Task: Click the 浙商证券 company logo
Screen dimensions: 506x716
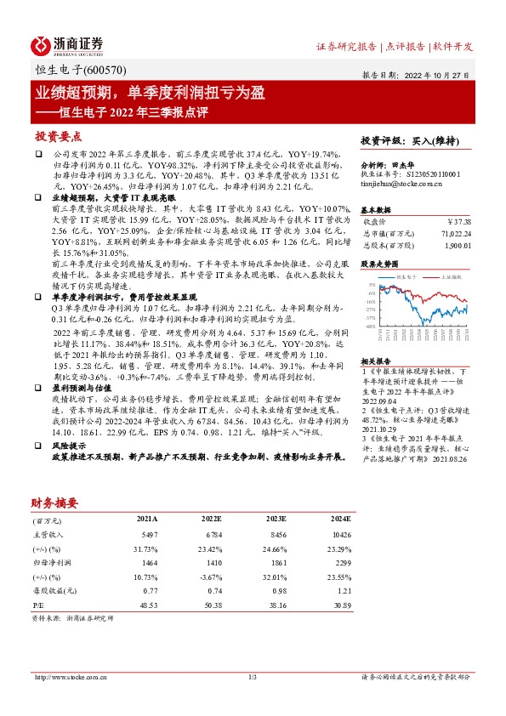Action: pyautogui.click(x=68, y=44)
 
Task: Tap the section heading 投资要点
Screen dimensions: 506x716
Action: pyautogui.click(x=58, y=136)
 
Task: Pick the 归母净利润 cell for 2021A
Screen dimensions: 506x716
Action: pyautogui.click(x=147, y=563)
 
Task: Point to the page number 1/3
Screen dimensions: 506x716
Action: pyautogui.click(x=253, y=677)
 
